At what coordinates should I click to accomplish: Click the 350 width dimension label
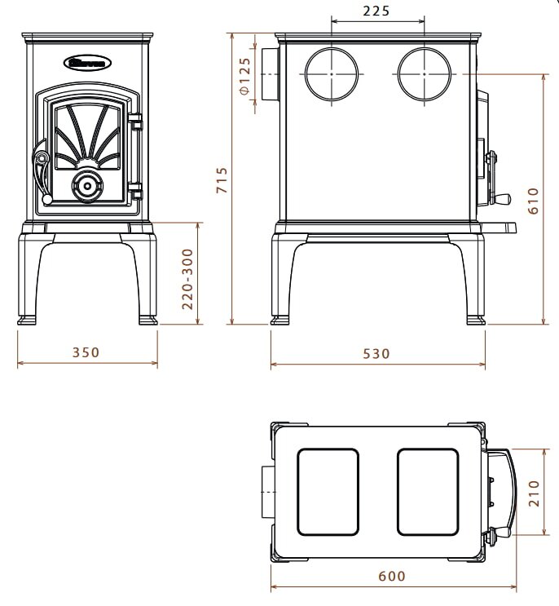tap(86, 353)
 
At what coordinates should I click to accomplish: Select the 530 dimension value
tap(377, 353)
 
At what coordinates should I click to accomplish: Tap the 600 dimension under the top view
tap(392, 576)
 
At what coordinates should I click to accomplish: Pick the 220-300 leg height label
tap(187, 278)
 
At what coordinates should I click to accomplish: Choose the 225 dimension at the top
tap(376, 11)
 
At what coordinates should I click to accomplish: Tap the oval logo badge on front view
tap(87, 61)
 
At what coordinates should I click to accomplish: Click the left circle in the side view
tap(332, 74)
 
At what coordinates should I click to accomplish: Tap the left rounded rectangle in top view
tap(327, 491)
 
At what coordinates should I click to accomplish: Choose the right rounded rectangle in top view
tap(428, 491)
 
